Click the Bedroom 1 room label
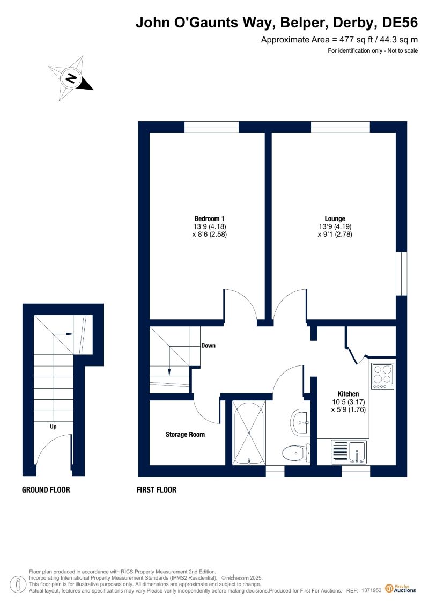[x=209, y=219]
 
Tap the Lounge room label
[x=335, y=219]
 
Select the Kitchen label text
[x=348, y=394]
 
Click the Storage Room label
[x=186, y=434]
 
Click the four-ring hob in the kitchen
[x=382, y=376]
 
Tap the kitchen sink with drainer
[x=349, y=452]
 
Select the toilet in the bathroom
[x=297, y=452]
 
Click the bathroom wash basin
[x=300, y=422]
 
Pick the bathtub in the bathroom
[x=249, y=433]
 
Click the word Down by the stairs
[x=208, y=345]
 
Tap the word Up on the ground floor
[x=53, y=426]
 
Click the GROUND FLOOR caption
[x=46, y=489]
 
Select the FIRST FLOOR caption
[x=156, y=489]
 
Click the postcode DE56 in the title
[x=400, y=23]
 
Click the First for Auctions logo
[x=401, y=588]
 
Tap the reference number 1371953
[x=372, y=590]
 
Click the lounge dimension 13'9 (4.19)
[x=335, y=226]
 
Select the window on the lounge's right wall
[x=402, y=274]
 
